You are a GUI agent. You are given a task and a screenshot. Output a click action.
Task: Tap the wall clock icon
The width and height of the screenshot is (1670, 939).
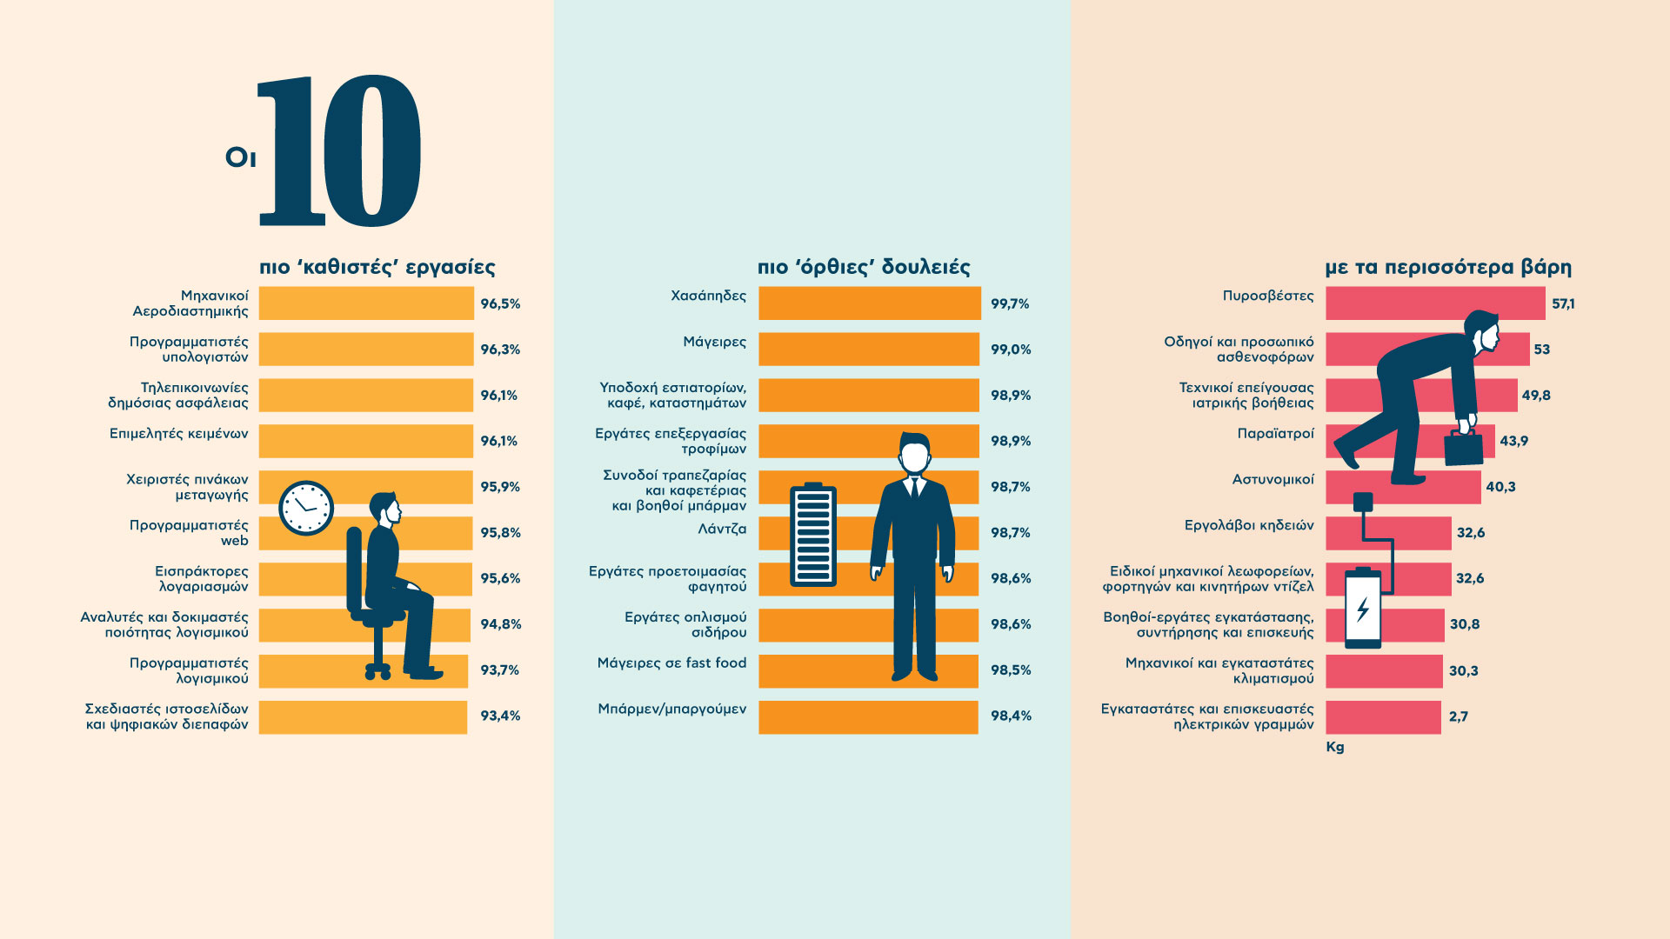click(x=306, y=508)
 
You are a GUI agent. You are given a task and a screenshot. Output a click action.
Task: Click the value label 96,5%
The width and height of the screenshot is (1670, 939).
click(x=500, y=303)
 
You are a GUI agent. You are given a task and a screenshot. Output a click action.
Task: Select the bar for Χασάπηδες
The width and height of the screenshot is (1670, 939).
click(x=869, y=303)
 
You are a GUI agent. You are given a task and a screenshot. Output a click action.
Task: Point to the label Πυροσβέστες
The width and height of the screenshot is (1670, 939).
click(x=1267, y=296)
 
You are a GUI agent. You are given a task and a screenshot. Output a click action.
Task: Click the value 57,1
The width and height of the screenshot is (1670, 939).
click(x=1563, y=303)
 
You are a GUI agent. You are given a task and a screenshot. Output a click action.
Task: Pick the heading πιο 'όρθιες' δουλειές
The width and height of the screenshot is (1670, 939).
click(x=863, y=267)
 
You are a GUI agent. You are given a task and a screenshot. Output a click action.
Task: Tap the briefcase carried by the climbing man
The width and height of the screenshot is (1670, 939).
click(x=1464, y=447)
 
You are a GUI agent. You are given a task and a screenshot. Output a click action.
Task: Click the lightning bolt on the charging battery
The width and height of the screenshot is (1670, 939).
click(x=1363, y=609)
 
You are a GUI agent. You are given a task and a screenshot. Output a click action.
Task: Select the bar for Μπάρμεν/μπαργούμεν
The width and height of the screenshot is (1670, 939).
click(x=867, y=716)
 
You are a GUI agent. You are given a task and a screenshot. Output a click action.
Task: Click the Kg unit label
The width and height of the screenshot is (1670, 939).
click(x=1335, y=747)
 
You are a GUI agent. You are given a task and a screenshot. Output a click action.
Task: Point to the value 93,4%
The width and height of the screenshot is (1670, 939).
click(x=500, y=716)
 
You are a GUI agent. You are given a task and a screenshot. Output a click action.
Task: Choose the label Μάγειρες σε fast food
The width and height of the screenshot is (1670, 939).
click(x=671, y=663)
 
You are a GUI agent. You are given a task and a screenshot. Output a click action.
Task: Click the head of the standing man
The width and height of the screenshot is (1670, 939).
click(x=914, y=454)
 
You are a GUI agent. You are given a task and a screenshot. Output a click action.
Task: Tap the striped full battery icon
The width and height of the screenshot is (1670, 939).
click(x=812, y=536)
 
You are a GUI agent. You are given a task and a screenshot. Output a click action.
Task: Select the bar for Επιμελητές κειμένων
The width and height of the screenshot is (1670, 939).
click(x=365, y=441)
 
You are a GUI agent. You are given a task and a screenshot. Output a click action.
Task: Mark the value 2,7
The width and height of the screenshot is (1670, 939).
click(x=1459, y=716)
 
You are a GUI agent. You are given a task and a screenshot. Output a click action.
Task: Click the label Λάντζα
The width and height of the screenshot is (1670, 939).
click(x=722, y=529)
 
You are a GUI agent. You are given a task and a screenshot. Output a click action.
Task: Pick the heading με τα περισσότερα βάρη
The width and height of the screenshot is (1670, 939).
click(x=1448, y=267)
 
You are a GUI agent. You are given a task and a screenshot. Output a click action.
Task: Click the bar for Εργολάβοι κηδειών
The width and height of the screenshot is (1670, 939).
click(x=1388, y=533)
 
